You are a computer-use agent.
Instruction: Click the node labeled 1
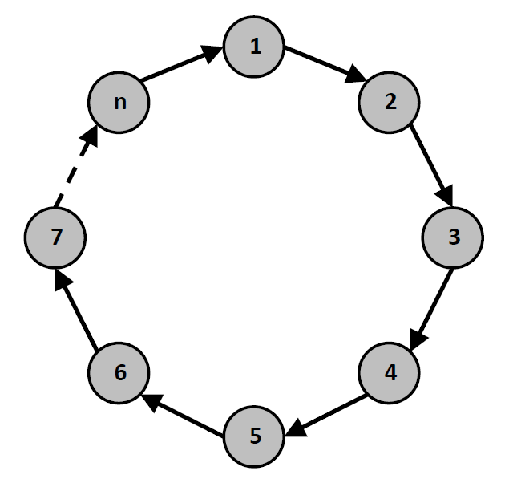[x=254, y=47]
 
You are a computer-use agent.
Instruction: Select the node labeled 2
[x=389, y=103]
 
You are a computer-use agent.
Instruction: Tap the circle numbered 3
[x=452, y=237]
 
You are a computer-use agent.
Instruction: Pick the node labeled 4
[x=389, y=373]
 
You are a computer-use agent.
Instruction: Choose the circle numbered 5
[x=254, y=436]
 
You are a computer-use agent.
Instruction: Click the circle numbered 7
[x=55, y=237]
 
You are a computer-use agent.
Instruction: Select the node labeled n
[x=119, y=103]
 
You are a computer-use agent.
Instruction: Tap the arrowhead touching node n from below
[x=90, y=135]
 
